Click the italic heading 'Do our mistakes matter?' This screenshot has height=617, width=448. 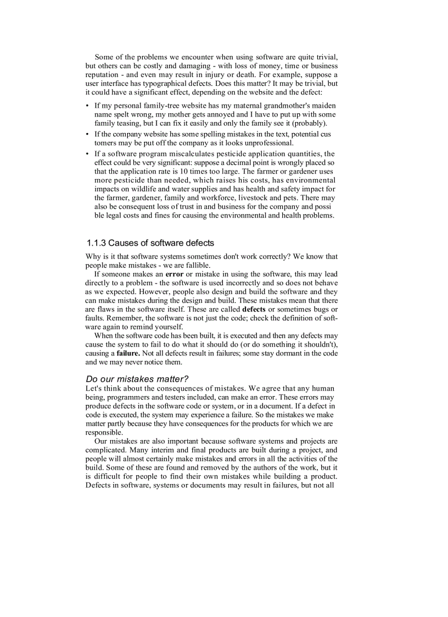(x=137, y=379)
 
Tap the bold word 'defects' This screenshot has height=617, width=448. (x=254, y=309)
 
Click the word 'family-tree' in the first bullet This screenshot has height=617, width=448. (x=156, y=105)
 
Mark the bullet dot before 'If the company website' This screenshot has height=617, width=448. (x=88, y=134)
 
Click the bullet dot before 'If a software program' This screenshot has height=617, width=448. (x=88, y=154)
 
